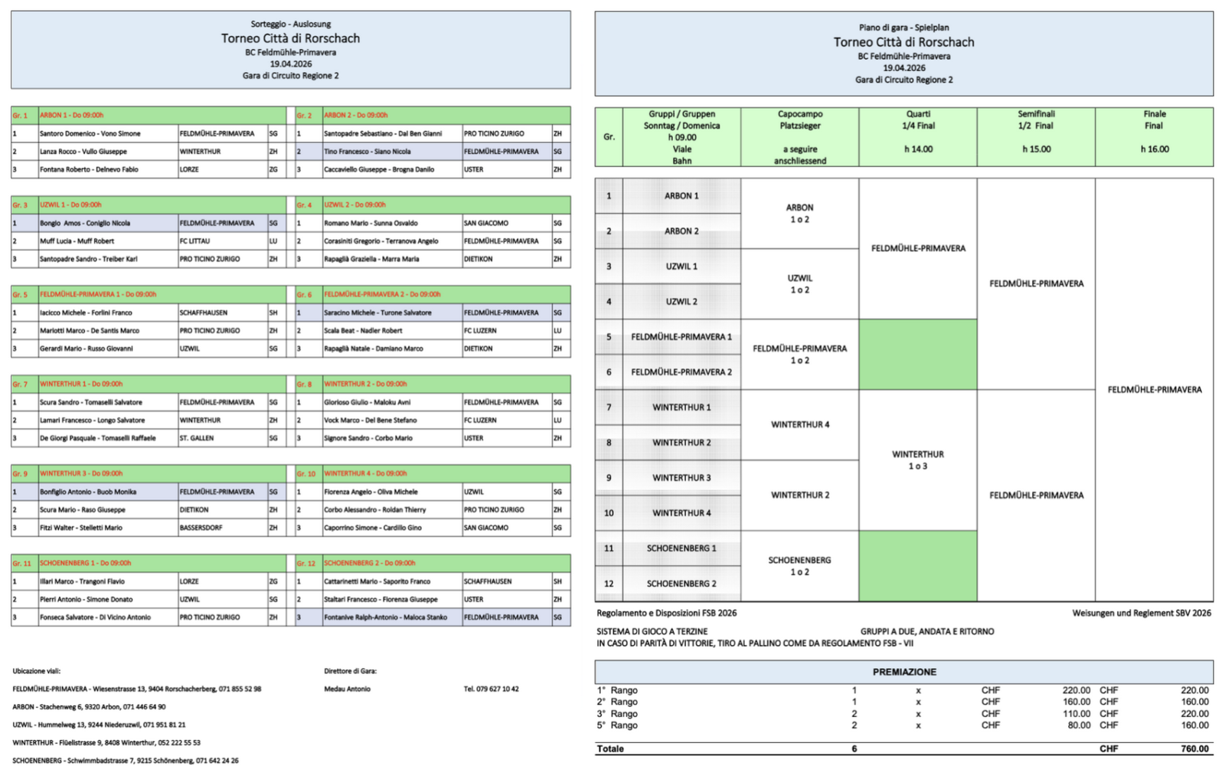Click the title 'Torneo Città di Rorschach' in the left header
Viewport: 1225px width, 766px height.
[290, 38]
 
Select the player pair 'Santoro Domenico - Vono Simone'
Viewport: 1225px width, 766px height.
[90, 133]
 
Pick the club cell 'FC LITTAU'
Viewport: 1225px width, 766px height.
[195, 241]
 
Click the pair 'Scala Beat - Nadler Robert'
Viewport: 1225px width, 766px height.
[363, 331]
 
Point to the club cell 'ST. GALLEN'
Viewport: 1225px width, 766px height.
[197, 438]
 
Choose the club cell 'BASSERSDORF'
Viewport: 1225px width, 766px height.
[201, 528]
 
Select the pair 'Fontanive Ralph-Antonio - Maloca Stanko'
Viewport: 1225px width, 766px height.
[385, 617]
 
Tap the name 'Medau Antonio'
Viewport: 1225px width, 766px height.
[347, 689]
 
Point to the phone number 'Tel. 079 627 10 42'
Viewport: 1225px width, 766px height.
[491, 689]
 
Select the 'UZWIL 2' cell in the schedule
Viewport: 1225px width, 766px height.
[681, 302]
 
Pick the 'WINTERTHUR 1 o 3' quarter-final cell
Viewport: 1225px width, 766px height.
[917, 460]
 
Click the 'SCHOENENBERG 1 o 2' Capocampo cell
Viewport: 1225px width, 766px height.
[799, 566]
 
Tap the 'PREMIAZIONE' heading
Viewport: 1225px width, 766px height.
[903, 672]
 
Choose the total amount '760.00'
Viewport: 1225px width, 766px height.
[1194, 748]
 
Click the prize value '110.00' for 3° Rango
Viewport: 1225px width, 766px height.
[1076, 713]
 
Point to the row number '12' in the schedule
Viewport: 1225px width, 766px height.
[609, 584]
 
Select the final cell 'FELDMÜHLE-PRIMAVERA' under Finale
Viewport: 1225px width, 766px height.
[1154, 390]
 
